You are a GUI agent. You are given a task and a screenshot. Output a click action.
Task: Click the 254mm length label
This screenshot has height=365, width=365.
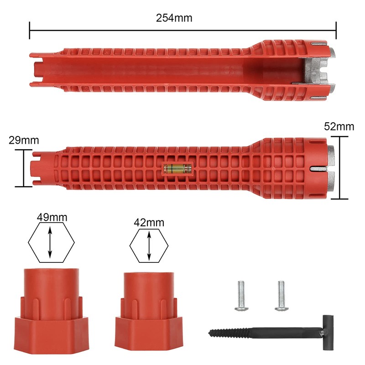point(174,18)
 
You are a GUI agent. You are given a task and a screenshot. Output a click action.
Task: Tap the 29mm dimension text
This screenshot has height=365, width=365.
point(24,141)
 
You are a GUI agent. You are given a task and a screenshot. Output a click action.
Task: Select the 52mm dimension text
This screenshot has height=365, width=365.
point(339,127)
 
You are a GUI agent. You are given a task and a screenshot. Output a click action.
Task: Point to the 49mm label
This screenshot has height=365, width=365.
point(52,217)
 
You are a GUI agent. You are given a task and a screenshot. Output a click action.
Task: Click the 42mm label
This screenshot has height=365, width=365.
point(149,223)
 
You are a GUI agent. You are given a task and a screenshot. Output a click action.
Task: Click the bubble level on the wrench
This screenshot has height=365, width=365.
point(177,168)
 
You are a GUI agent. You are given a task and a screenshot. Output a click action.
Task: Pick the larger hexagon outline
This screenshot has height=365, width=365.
point(51,243)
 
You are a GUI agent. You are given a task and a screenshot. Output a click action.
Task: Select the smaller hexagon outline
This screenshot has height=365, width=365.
point(149,246)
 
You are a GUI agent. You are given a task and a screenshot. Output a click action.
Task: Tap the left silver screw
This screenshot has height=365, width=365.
point(241,296)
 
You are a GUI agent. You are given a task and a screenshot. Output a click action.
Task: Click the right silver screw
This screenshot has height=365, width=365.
point(282,296)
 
